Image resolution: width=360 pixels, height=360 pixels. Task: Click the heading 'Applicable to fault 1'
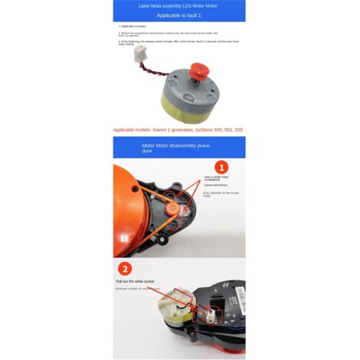(x=179, y=15)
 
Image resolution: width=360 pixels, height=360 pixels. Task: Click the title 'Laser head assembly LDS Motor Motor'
(x=179, y=5)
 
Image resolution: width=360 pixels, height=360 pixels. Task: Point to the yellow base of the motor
(x=191, y=108)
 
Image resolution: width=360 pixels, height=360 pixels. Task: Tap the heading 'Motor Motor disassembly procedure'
(x=178, y=146)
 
